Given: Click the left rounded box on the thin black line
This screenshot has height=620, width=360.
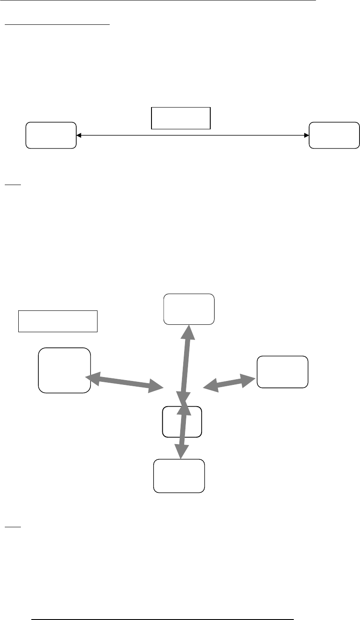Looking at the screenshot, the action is (51, 135).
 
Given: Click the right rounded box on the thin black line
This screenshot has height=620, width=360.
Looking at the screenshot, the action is (334, 135).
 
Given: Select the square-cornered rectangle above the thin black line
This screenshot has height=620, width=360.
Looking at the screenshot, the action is (181, 118).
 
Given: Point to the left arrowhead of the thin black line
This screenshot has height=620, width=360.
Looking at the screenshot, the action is (79, 136).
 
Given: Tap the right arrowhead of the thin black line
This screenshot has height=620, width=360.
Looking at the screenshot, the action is (306, 136).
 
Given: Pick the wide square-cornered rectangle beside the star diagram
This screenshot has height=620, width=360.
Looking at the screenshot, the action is (57, 321).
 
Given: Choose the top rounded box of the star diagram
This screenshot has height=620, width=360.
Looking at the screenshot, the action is (189, 309).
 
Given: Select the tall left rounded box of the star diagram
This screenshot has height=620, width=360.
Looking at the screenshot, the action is (64, 370).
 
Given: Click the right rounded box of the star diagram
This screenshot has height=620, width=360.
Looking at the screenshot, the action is (283, 371).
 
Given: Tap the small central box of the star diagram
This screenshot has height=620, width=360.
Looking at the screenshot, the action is (182, 421).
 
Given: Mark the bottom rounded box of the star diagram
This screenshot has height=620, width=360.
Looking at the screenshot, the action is (179, 476).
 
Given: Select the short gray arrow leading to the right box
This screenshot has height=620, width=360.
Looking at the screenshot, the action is (229, 382).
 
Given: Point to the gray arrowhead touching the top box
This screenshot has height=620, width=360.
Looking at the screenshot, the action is (189, 331).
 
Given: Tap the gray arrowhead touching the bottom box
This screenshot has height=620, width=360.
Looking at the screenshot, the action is (181, 452).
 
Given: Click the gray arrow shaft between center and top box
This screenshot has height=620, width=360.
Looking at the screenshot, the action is (186, 366).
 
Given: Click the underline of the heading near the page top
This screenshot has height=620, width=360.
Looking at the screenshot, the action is (57, 25).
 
